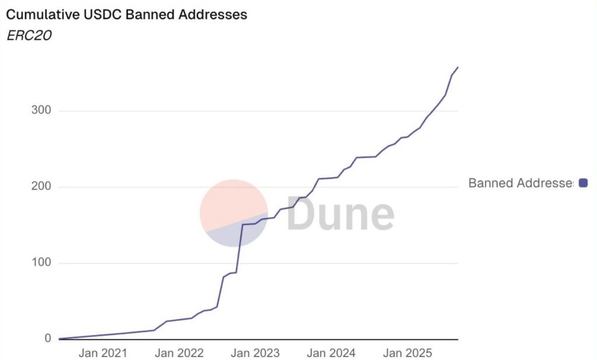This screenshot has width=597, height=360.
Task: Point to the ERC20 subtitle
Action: coord(29,35)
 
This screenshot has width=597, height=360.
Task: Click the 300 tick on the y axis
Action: coord(40,111)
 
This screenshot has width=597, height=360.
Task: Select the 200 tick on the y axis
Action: coord(40,187)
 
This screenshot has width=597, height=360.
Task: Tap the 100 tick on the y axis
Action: coord(40,263)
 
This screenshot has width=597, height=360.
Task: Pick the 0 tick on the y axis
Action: coord(47,339)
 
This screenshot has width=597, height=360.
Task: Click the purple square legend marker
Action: coord(583,183)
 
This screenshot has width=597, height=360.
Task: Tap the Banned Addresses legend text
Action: coord(521,183)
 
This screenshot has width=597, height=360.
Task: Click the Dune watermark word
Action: coord(340,214)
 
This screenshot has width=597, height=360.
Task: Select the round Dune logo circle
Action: coord(234,213)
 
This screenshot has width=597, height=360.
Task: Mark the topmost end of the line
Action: coord(458,68)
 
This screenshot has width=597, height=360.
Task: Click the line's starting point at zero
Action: coord(60,338)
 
